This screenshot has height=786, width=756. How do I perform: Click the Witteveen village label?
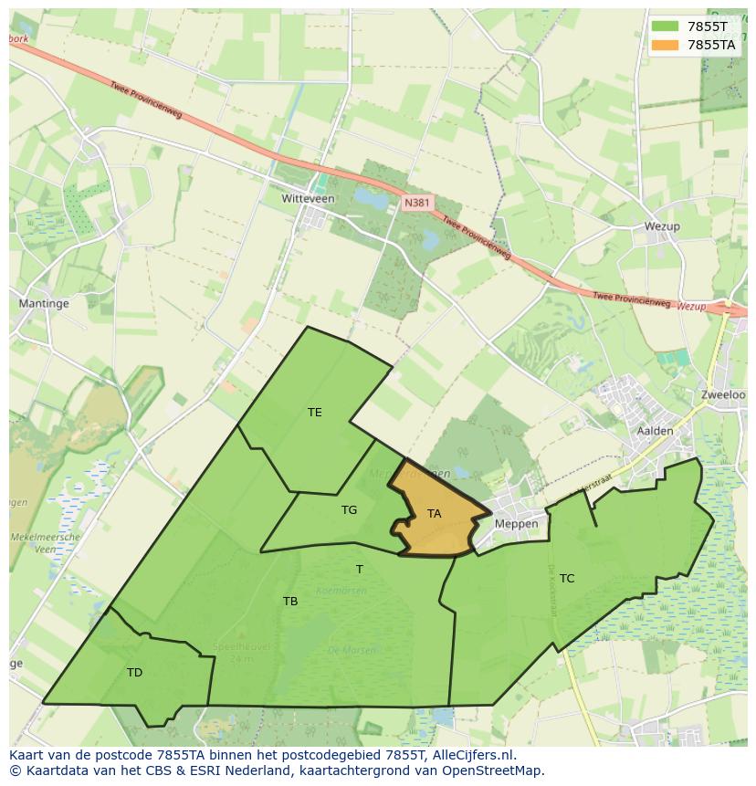pos(308,198)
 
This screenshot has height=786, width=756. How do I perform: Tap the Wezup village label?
pos(662,226)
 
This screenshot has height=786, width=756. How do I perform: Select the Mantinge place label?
pos(44,302)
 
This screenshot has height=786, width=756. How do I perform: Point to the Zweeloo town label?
pos(724,394)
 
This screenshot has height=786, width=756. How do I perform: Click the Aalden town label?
pos(655,431)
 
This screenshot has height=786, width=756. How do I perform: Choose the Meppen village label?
pos(517,524)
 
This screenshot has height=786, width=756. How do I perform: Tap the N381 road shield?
pos(416,204)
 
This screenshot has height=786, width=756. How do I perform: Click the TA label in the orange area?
pos(434,514)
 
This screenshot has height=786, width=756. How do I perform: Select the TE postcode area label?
pos(314,413)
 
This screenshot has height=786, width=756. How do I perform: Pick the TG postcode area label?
pos(349,510)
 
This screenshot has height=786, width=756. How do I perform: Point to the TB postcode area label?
pos(290,602)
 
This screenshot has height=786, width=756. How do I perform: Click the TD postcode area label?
pos(134,673)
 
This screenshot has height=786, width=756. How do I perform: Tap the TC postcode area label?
pos(567,579)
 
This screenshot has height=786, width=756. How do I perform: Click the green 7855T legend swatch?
pos(664,26)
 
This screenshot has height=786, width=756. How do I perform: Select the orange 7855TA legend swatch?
pos(664,44)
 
